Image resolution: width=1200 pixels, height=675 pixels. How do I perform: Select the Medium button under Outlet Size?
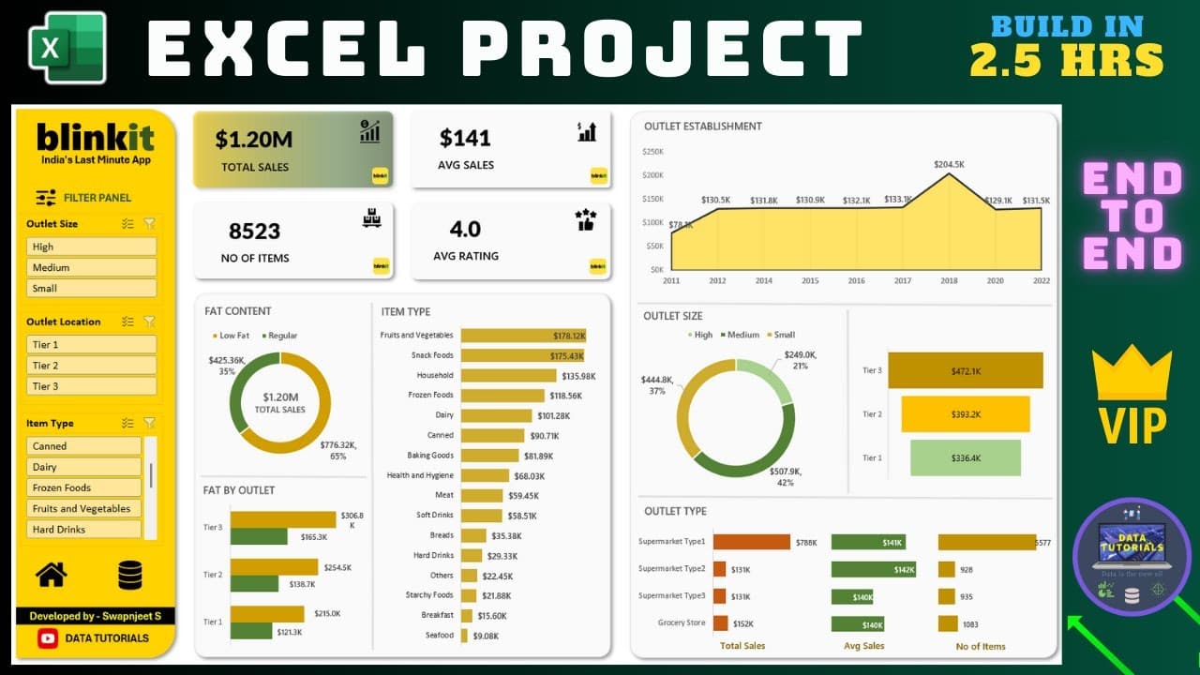coord(91,267)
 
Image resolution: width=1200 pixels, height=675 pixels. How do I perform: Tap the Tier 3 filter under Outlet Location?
coord(91,386)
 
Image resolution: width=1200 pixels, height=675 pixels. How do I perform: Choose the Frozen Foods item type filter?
coord(84,487)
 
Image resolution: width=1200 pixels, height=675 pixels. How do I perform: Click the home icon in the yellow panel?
coord(52,575)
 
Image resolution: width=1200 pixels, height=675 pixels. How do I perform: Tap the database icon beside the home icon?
coord(130,575)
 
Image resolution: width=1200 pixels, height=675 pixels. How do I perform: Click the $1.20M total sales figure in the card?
coord(254,140)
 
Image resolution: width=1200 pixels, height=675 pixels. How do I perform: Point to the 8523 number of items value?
coord(255,231)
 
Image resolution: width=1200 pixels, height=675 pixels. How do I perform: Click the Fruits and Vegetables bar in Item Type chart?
coord(522,335)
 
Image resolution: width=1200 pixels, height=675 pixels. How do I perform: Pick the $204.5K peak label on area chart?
coord(949,164)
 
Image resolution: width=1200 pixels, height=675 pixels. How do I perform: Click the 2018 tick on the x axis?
coord(949,280)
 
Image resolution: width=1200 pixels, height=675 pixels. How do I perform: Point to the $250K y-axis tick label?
coord(652,151)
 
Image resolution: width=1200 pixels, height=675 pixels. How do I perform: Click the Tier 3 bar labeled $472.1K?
coord(965,370)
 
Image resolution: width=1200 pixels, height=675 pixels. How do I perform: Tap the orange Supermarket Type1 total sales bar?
coord(751,542)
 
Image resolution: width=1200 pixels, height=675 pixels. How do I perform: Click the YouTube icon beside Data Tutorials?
coord(48,638)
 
